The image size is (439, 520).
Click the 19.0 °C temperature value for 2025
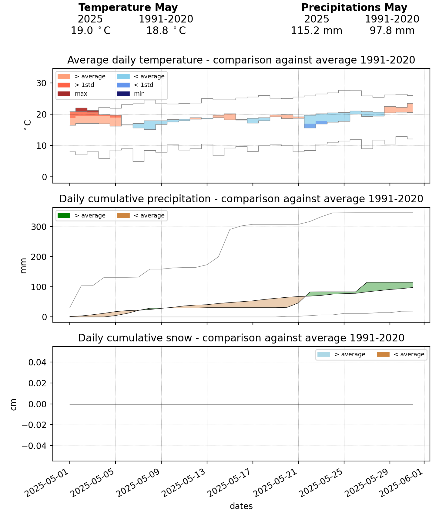pos(90,31)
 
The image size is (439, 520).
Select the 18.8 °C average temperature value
pos(166,31)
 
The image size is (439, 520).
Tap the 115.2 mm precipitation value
pos(317,31)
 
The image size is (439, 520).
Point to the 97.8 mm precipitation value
pos(392,31)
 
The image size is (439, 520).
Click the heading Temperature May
pos(128,8)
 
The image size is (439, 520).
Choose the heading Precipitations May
pos(354,8)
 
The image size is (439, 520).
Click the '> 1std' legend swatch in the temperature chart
pos(64,85)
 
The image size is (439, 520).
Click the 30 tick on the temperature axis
pos(42,83)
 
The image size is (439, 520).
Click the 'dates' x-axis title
pos(241,506)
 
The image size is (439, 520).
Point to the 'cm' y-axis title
pos(13,404)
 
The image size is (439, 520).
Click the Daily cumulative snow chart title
pos(241,338)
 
